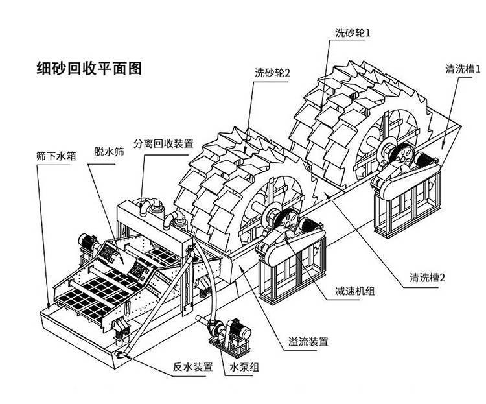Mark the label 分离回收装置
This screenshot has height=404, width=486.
(163, 143)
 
